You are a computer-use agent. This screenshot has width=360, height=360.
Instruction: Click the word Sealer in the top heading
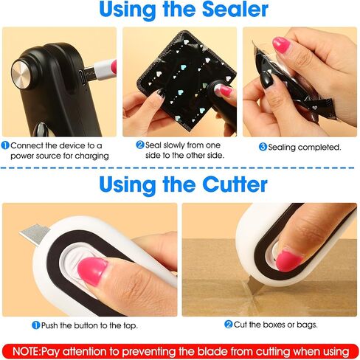pos(235,10)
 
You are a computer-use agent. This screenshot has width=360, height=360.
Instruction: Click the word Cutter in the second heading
pos(235,184)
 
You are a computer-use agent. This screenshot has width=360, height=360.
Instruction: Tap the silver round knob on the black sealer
pos(21,74)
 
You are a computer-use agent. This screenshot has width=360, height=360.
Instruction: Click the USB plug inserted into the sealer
pos(100,70)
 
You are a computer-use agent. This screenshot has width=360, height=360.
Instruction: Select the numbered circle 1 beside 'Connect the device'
pos(5,145)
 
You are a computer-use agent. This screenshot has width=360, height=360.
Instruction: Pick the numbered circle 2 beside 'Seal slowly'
pos(140,145)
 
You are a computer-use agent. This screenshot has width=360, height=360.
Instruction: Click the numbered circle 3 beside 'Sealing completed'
pos(263,147)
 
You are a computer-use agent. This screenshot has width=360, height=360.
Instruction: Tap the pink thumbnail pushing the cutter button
pos(92,271)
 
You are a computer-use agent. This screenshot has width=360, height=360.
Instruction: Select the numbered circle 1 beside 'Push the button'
pos(36,325)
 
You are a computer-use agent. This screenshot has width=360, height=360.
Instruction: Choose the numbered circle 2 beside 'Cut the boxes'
pos(228,325)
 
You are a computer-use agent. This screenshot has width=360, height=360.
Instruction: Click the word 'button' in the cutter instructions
pos(86,325)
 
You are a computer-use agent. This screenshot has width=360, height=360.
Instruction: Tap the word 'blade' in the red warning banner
pos(212,351)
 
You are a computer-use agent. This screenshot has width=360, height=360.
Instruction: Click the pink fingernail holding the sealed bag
pos(281,45)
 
